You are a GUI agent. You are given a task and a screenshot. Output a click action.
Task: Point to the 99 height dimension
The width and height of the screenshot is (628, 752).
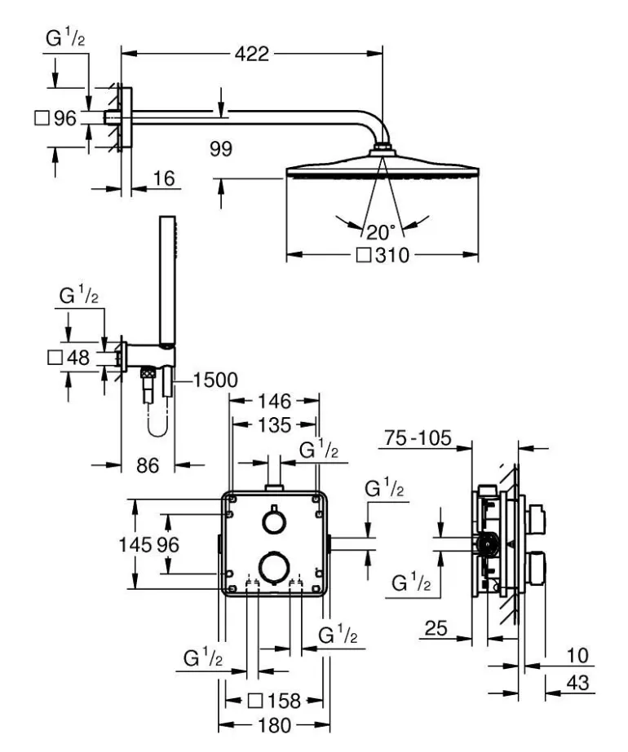(220, 149)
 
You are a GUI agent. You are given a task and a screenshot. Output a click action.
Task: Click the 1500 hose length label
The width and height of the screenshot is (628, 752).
(216, 380)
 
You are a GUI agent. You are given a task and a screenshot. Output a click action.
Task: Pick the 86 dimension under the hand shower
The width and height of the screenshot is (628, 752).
(147, 465)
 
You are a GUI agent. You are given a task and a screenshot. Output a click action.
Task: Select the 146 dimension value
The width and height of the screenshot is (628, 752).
(274, 401)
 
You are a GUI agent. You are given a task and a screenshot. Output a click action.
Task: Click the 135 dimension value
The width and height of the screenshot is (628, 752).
(274, 425)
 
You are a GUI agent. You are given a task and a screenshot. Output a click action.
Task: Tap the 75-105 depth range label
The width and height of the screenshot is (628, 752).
(418, 439)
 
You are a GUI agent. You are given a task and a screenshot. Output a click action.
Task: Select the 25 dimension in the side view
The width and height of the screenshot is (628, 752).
(437, 627)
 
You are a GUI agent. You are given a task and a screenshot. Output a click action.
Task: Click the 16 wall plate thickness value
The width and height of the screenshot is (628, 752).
(164, 178)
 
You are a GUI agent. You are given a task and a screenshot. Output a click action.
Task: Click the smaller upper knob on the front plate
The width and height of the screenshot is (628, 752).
(272, 521)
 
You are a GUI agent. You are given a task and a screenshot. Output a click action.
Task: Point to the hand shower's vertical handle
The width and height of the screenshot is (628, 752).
(166, 277)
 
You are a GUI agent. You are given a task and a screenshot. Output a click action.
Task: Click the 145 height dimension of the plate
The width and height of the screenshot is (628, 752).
(139, 544)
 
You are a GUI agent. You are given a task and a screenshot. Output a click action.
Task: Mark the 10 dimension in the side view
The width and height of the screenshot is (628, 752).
(577, 656)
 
